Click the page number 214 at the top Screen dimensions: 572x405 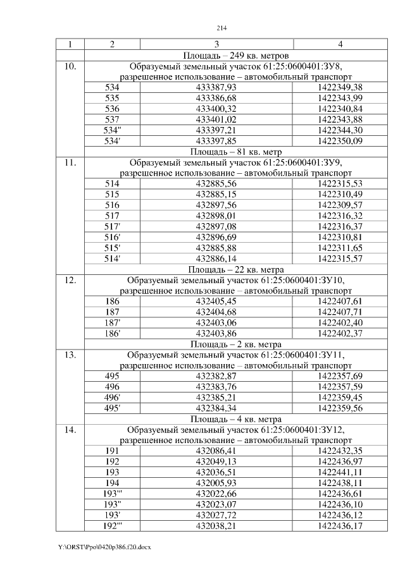[221, 28]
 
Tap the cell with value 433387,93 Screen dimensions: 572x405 [216, 87]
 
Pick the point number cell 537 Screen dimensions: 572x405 [112, 119]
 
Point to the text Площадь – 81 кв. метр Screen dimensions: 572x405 [235, 152]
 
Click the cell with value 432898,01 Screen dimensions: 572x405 [216, 216]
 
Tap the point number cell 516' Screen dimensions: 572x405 [112, 238]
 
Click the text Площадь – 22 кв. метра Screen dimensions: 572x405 [235, 269]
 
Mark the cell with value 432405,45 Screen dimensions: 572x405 [216, 301]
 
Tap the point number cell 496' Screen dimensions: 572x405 [112, 398]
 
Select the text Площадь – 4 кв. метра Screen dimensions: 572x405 [235, 419]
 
